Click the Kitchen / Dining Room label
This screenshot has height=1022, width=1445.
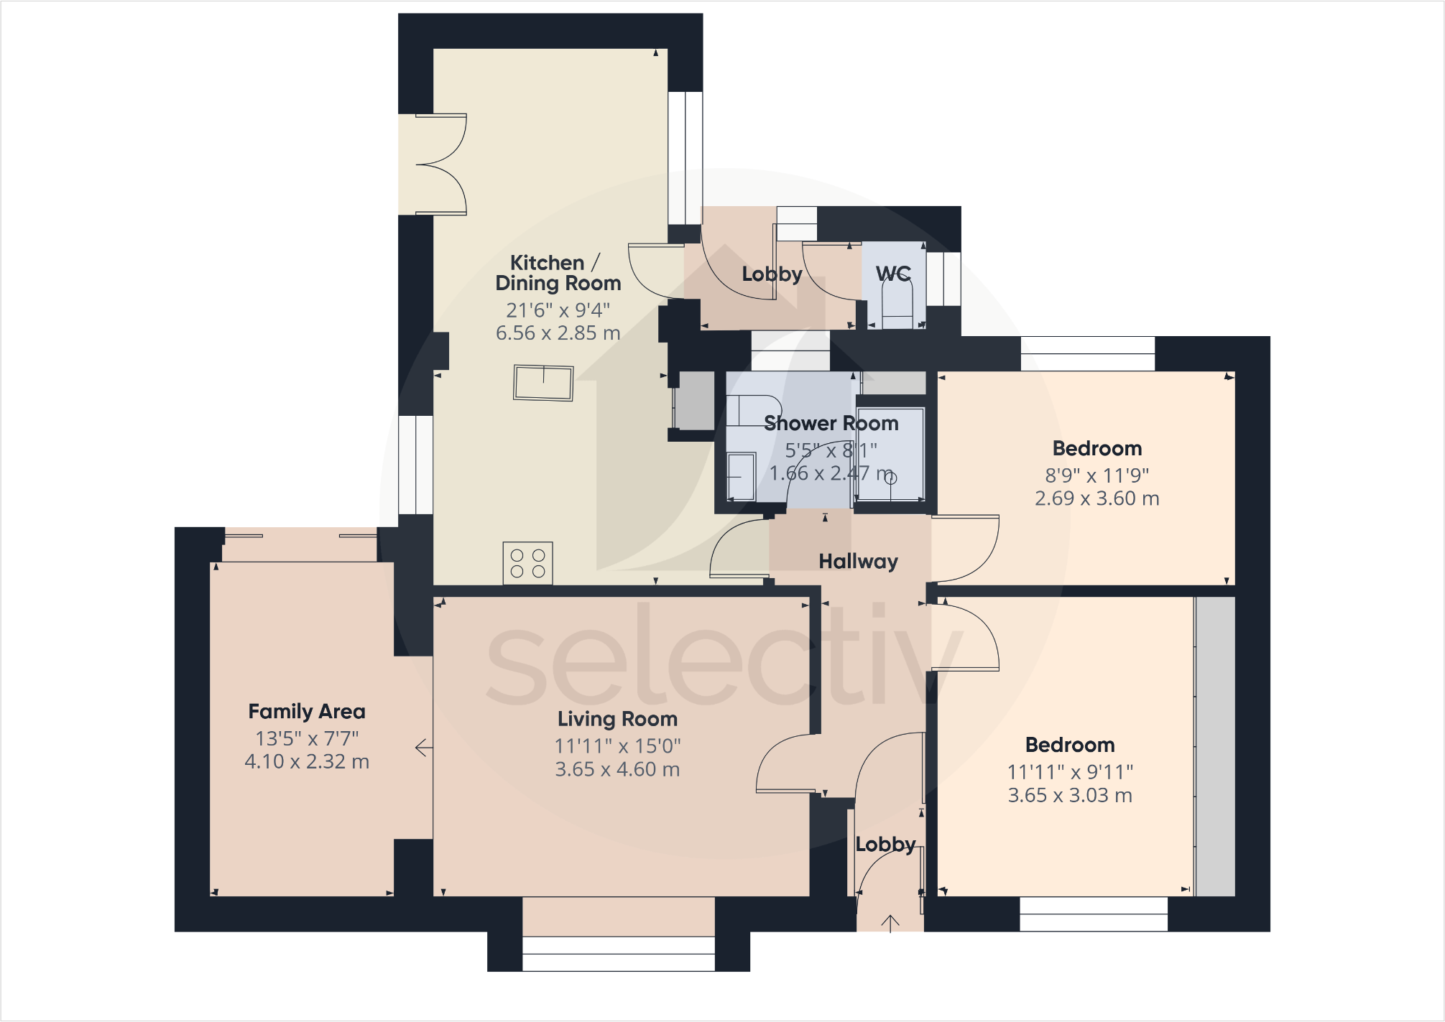point(558,273)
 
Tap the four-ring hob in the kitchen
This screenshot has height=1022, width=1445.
point(527,563)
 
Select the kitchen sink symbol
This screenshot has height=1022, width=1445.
point(543,383)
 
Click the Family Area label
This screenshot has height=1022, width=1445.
point(307,711)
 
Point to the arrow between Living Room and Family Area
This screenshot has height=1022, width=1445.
point(424,748)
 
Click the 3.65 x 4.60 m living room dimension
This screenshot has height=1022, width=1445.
point(617,769)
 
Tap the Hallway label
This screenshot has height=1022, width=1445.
point(858,561)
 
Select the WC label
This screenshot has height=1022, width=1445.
point(893,273)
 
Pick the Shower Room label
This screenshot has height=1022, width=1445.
point(831,423)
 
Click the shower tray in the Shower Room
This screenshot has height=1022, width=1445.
point(890,454)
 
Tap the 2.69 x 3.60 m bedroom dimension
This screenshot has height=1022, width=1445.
point(1097,498)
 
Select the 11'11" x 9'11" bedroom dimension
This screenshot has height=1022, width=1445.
point(1070,772)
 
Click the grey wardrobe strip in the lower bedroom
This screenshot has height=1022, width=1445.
point(1215,747)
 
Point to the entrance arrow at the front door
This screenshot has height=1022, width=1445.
point(890,923)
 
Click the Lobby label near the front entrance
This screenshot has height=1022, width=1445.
point(885,844)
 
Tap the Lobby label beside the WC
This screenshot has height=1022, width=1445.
point(772,274)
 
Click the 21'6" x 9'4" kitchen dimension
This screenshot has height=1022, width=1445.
point(558,310)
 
